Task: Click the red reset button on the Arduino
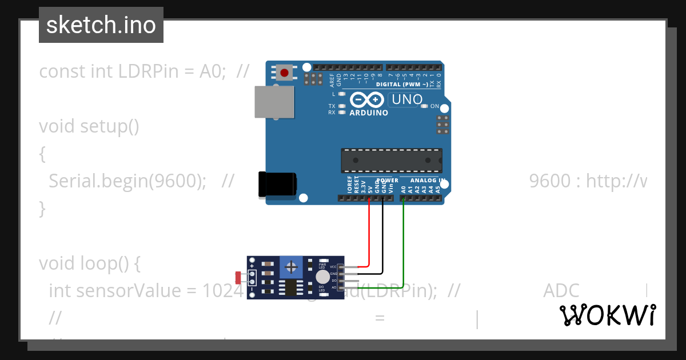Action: (284, 73)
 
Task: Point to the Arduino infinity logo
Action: (366, 101)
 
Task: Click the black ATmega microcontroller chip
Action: (392, 161)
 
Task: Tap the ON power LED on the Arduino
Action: (424, 106)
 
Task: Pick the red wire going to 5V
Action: (369, 234)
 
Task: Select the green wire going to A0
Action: (404, 240)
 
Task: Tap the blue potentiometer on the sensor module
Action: (292, 266)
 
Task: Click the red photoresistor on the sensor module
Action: (238, 278)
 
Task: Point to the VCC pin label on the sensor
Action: (333, 267)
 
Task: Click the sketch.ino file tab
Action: (101, 25)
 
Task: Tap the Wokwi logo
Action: (608, 315)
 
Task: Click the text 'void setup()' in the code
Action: (89, 126)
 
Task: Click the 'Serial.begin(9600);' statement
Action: (127, 181)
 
